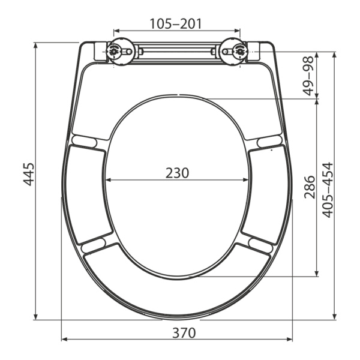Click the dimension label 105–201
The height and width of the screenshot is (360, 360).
coord(176,23)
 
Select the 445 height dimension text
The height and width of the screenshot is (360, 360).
coord(28,174)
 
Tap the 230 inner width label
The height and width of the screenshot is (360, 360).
coord(177,173)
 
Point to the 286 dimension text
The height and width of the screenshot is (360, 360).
coord(310,187)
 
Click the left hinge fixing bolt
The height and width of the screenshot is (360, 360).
coord(114,52)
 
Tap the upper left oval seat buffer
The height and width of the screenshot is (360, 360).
coord(84,140)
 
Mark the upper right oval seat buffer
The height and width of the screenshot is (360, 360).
coord(270,140)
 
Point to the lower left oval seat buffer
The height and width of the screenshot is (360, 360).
coord(93,245)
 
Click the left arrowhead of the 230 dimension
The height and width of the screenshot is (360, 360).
coord(107,180)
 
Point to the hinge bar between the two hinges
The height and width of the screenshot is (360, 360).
coord(177,52)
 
